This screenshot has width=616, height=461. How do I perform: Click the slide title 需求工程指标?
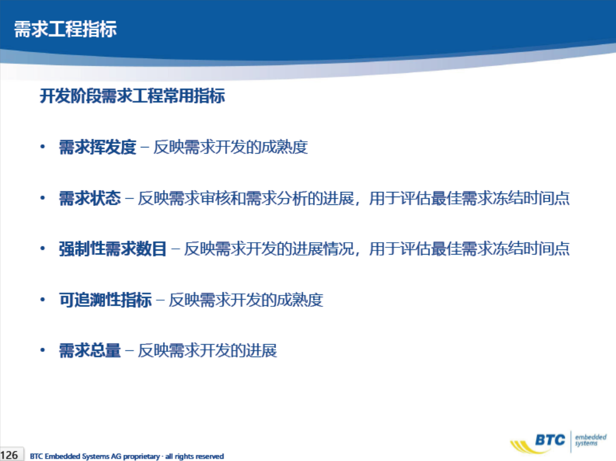(65, 29)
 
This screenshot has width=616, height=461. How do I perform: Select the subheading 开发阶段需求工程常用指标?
(133, 96)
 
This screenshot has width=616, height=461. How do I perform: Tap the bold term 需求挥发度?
(97, 147)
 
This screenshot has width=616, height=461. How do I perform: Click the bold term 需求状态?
(90, 198)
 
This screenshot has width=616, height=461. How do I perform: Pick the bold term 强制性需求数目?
(113, 249)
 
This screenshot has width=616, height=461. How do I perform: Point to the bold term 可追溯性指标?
(105, 300)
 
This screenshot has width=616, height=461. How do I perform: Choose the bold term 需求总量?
(90, 350)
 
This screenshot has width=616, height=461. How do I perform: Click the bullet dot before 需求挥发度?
(42, 147)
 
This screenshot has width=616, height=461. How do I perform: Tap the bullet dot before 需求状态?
(42, 198)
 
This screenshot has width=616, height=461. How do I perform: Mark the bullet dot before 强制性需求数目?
(42, 249)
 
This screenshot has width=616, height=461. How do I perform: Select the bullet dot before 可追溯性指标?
(42, 300)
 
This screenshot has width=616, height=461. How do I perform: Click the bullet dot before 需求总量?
(42, 350)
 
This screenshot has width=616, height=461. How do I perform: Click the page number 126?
(9, 455)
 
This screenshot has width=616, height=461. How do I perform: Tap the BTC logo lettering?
(550, 440)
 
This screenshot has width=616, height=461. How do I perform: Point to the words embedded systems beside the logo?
(591, 440)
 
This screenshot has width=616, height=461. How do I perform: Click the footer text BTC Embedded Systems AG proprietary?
(95, 456)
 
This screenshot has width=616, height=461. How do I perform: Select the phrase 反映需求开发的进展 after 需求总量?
(207, 350)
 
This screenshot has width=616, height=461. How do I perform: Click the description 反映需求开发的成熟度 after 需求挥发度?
(231, 147)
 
